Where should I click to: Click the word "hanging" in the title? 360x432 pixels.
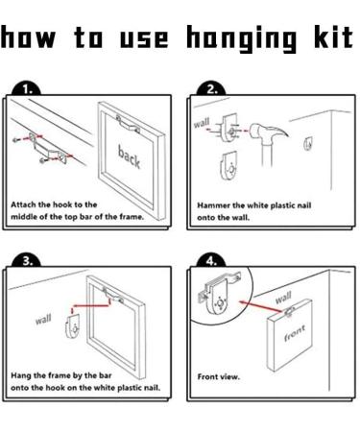(x=242, y=38)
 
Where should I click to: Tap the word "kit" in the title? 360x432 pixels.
(x=333, y=37)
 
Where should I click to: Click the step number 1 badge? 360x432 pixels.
(x=27, y=89)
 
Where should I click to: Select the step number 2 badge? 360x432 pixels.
(x=211, y=89)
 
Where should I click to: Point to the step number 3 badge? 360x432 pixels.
(x=27, y=261)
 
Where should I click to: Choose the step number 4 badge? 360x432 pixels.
(x=211, y=261)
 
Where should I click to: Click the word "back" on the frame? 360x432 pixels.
(x=129, y=156)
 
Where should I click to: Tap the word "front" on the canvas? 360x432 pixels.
(x=295, y=333)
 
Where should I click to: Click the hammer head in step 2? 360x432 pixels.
(x=270, y=132)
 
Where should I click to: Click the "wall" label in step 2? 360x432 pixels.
(x=202, y=122)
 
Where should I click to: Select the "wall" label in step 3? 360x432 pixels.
(x=43, y=319)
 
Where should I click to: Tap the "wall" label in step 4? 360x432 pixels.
(x=283, y=298)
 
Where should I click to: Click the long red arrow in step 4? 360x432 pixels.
(x=262, y=306)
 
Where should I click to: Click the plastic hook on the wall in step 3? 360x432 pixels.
(x=73, y=325)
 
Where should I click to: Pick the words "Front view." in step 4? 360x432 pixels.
(x=218, y=376)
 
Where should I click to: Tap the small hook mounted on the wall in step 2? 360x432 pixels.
(x=308, y=143)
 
